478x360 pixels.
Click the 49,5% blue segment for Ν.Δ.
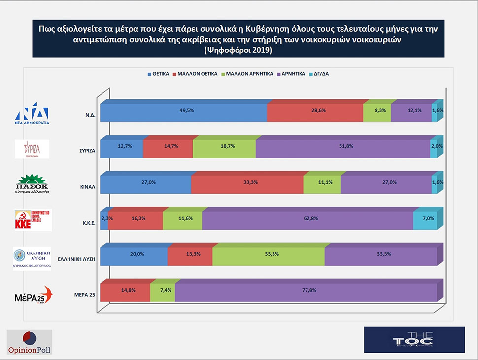183,111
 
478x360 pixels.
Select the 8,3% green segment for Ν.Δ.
377,111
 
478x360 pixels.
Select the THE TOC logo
413,339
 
